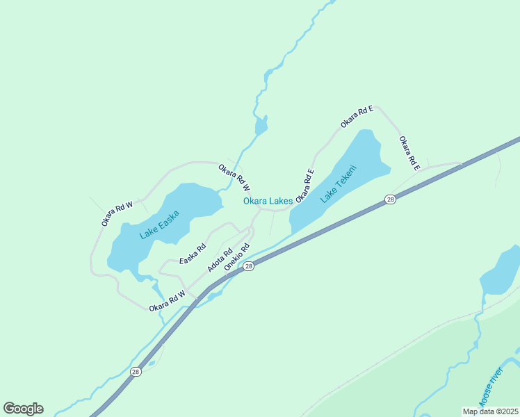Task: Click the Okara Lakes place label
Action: point(268,202)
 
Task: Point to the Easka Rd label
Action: point(193,254)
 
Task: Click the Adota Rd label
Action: point(219,260)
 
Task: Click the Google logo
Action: point(24,409)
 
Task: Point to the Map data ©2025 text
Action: point(490,411)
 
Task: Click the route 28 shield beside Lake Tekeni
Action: point(391,199)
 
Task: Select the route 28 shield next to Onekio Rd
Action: point(249,265)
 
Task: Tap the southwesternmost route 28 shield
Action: point(136,372)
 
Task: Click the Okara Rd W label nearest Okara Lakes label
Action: point(234,177)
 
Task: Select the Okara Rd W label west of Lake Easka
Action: point(117,213)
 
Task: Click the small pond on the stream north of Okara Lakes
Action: point(261,126)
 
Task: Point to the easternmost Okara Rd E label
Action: point(409,153)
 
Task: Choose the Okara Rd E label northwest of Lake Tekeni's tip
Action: point(357,116)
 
